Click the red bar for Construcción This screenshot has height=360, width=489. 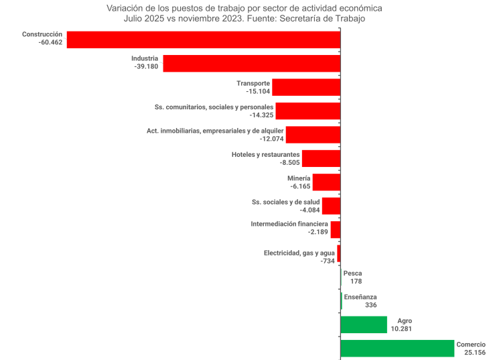203,40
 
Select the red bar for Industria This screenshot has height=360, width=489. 251,63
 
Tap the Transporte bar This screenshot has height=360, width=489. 306,87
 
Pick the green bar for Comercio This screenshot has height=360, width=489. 397,349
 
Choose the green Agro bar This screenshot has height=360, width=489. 364,325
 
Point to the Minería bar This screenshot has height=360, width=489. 326,182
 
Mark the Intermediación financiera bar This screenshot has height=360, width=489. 336,230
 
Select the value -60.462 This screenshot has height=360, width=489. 51,43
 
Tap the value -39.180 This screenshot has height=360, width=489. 146,67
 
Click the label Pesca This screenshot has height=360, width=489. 352,274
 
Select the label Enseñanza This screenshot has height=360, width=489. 360,297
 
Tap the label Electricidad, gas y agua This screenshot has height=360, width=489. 299,253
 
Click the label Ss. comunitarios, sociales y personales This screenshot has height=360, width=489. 214,107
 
